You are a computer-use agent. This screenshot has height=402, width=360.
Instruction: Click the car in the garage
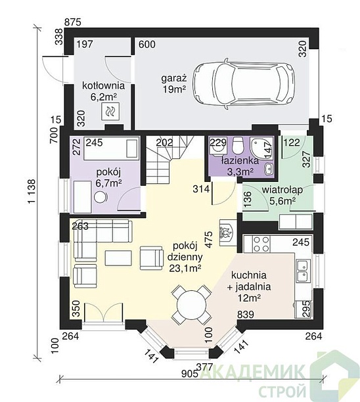(x=244, y=84)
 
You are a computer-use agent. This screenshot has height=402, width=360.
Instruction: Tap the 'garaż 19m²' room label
(x=173, y=83)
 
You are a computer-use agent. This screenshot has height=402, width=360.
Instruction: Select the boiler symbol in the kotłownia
(x=110, y=111)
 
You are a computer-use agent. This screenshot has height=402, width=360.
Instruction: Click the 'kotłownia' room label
(x=103, y=85)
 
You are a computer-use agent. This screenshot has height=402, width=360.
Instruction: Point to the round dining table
(x=192, y=305)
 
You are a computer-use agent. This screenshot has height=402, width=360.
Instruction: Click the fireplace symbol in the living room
(x=226, y=233)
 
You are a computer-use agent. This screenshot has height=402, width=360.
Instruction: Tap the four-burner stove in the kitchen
(x=261, y=244)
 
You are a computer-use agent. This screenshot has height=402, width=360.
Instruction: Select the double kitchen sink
(x=304, y=271)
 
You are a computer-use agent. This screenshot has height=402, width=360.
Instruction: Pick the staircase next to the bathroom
(x=169, y=159)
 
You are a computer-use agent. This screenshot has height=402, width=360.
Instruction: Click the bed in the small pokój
(x=112, y=148)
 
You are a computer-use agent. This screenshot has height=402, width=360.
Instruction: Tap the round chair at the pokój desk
(x=101, y=198)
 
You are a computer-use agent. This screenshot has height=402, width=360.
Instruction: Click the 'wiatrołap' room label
(x=282, y=190)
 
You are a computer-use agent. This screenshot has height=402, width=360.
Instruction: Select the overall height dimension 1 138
(x=32, y=192)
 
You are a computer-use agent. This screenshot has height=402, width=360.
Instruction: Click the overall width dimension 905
(x=189, y=374)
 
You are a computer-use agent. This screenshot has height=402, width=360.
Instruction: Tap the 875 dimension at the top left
(x=72, y=22)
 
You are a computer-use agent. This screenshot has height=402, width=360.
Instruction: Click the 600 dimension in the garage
(x=147, y=45)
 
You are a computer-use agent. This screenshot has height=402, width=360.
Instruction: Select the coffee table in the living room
(x=118, y=257)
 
